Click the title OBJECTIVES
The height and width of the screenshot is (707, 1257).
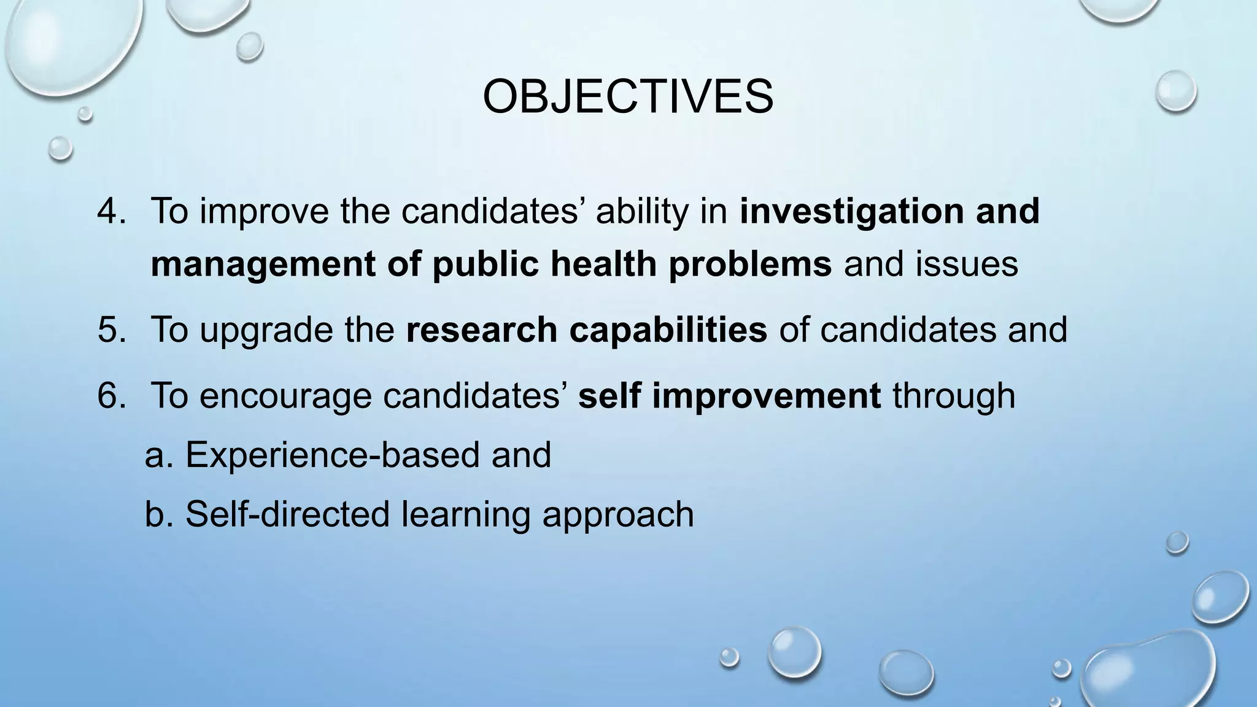(627, 97)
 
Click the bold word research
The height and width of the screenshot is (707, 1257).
(481, 330)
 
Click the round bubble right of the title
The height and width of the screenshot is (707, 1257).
(1175, 91)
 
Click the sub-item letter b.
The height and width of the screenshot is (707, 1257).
(156, 514)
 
